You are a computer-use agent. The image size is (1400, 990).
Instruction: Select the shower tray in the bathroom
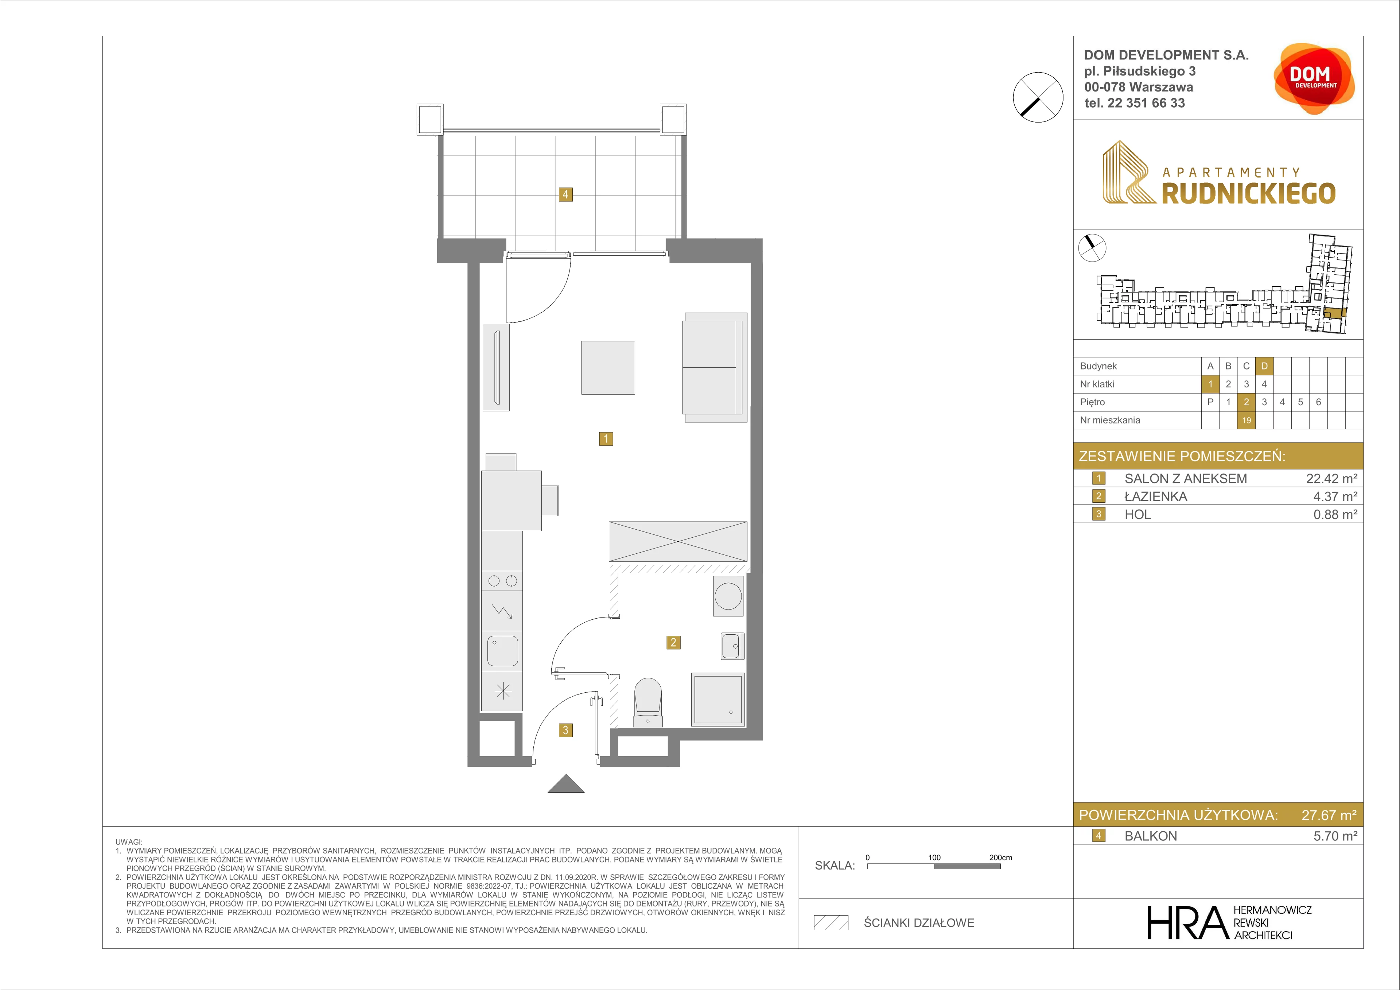[x=718, y=699]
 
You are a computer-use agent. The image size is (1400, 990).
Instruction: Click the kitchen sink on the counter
[x=502, y=651]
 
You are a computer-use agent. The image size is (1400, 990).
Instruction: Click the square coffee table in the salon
[x=608, y=367]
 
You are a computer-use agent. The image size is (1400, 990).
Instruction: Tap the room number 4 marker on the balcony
[x=565, y=194]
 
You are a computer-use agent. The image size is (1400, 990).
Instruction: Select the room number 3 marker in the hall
[x=565, y=730]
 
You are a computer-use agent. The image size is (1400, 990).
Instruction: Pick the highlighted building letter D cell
[x=1264, y=366]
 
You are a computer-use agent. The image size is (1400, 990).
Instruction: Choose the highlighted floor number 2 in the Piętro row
[x=1247, y=402]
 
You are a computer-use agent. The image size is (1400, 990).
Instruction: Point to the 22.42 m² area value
[x=1331, y=479]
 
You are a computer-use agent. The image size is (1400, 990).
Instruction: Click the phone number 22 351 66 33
[x=1146, y=103]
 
